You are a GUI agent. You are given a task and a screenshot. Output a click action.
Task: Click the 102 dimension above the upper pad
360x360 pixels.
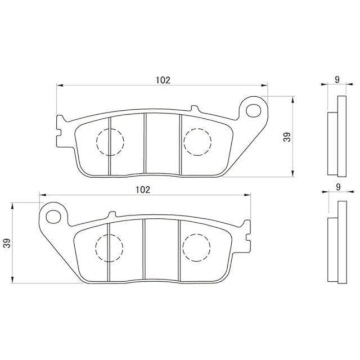click(163, 80)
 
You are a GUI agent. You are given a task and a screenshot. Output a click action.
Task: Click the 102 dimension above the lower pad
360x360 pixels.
click(143, 190)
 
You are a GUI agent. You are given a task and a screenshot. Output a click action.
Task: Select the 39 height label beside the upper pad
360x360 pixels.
click(287, 137)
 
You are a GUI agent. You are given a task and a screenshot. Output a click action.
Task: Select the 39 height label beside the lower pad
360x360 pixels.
click(8, 243)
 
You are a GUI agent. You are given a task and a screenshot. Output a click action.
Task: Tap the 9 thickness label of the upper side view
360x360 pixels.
click(337, 80)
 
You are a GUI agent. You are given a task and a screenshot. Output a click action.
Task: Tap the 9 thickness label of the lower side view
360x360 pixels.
click(338, 187)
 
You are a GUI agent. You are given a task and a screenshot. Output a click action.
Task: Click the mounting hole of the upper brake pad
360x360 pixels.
click(254, 111)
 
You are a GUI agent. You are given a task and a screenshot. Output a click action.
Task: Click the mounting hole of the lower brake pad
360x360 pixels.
click(53, 216)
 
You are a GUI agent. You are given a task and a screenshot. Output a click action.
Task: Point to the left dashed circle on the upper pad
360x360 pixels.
click(110, 142)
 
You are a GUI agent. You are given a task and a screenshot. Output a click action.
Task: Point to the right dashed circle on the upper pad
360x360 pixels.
click(197, 142)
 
